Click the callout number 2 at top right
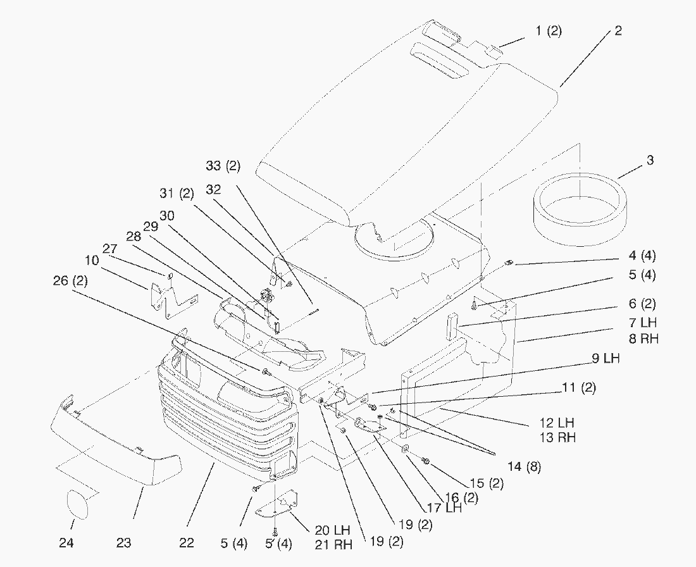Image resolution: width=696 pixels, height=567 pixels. click(x=618, y=31)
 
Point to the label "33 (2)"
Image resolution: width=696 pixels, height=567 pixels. click(x=223, y=166)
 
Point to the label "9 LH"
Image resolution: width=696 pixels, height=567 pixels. click(x=606, y=359)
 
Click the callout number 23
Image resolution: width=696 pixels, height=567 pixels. click(x=123, y=543)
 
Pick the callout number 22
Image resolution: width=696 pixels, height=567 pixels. click(x=186, y=543)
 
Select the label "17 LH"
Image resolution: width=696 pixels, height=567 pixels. click(x=444, y=508)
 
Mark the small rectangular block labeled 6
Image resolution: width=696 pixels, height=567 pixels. click(x=452, y=325)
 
